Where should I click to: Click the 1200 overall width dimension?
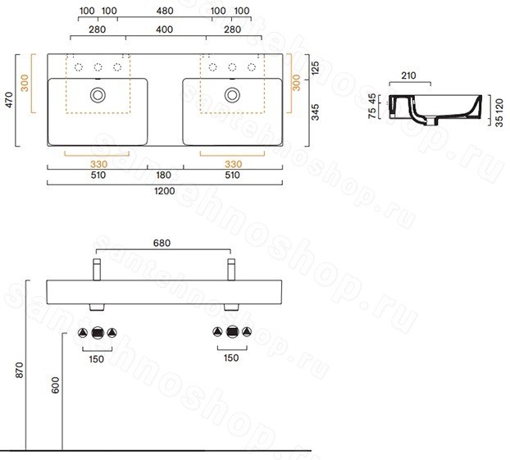pyautogui.click(x=165, y=190)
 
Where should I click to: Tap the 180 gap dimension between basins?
pyautogui.click(x=163, y=175)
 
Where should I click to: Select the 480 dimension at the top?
pyautogui.click(x=165, y=11)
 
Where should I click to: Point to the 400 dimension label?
pyautogui.click(x=164, y=30)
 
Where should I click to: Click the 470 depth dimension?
pyautogui.click(x=10, y=100)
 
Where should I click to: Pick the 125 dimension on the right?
pyautogui.click(x=316, y=68)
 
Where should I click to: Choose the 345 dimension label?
pyautogui.click(x=316, y=112)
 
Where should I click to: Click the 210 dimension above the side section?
pyautogui.click(x=408, y=75)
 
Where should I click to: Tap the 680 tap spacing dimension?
pyautogui.click(x=162, y=243)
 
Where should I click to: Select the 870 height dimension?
pyautogui.click(x=20, y=370)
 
